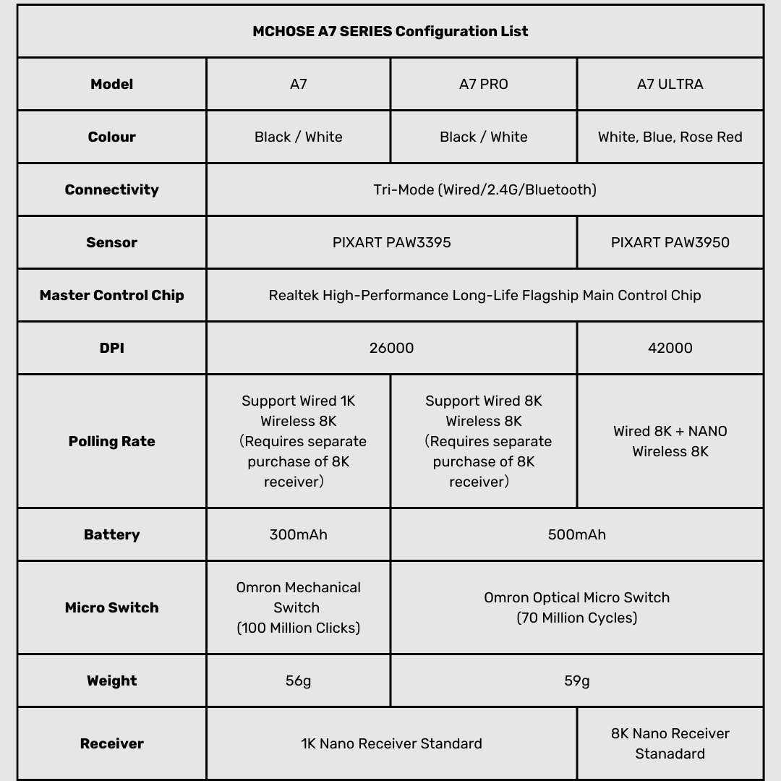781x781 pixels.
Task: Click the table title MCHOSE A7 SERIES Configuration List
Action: click(390, 31)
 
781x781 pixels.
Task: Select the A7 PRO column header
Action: click(483, 84)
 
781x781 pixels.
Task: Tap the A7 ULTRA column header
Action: click(670, 84)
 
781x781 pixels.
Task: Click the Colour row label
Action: click(112, 137)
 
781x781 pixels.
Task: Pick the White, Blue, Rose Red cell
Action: click(670, 137)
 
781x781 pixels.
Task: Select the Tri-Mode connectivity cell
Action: click(485, 189)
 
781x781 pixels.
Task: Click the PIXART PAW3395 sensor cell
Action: click(391, 242)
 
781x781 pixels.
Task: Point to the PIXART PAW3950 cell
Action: click(670, 242)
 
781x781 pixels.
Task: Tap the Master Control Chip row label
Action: click(112, 295)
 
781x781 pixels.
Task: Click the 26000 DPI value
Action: click(391, 348)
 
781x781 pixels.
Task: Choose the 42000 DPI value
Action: click(670, 348)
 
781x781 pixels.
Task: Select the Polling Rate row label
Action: click(112, 441)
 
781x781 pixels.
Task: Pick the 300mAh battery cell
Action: click(298, 534)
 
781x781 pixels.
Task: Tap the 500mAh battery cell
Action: click(576, 534)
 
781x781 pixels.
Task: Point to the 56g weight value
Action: click(298, 680)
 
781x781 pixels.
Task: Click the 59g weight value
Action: click(576, 680)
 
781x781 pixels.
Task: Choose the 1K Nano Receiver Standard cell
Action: click(391, 743)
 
